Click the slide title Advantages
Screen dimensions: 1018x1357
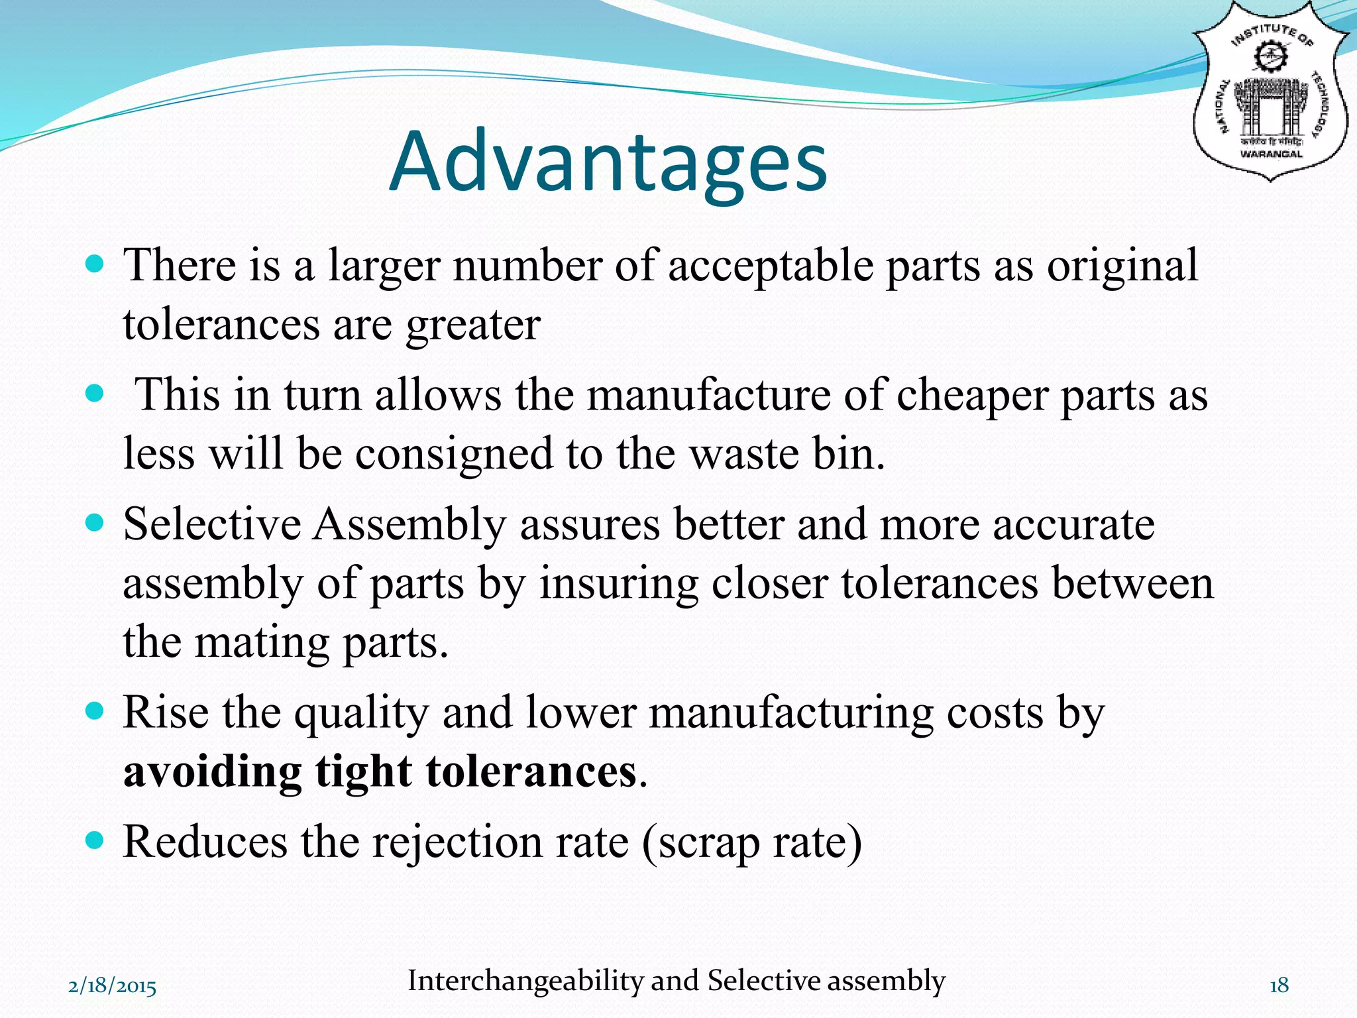(608, 162)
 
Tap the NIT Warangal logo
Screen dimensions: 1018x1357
(1270, 93)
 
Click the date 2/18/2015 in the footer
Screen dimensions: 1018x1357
(113, 986)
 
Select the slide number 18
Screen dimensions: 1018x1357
(1279, 986)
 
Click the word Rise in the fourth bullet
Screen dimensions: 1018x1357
(166, 712)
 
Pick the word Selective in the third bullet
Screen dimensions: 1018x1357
(212, 524)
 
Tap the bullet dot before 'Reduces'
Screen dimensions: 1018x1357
(95, 841)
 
